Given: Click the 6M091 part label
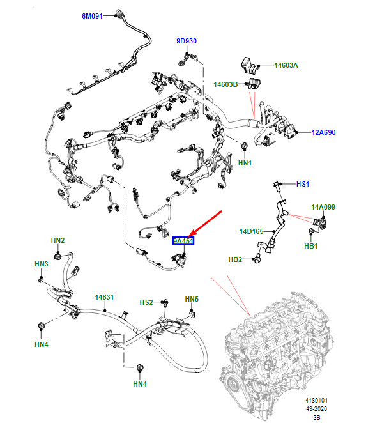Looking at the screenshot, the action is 92,16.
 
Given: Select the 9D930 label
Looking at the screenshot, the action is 187,41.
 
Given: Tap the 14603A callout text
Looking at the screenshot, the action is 286,65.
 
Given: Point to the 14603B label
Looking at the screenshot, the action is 225,84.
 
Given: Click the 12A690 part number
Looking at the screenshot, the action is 323,132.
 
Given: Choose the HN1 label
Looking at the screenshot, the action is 245,163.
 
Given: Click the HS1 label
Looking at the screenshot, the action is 303,184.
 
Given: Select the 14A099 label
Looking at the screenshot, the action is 323,207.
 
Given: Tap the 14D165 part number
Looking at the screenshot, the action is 251,231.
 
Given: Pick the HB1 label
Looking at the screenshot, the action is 311,246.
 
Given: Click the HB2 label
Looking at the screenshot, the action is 235,259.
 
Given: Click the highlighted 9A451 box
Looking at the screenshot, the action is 183,241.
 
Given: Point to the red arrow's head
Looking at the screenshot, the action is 190,236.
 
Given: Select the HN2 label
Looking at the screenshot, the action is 57,240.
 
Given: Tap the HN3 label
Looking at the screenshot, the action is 42,264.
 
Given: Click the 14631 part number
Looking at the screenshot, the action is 104,297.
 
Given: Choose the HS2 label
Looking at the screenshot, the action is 146,302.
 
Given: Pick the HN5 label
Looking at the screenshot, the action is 192,299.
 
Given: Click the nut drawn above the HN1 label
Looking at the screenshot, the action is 245,146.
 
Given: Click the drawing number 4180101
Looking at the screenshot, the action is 316,401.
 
